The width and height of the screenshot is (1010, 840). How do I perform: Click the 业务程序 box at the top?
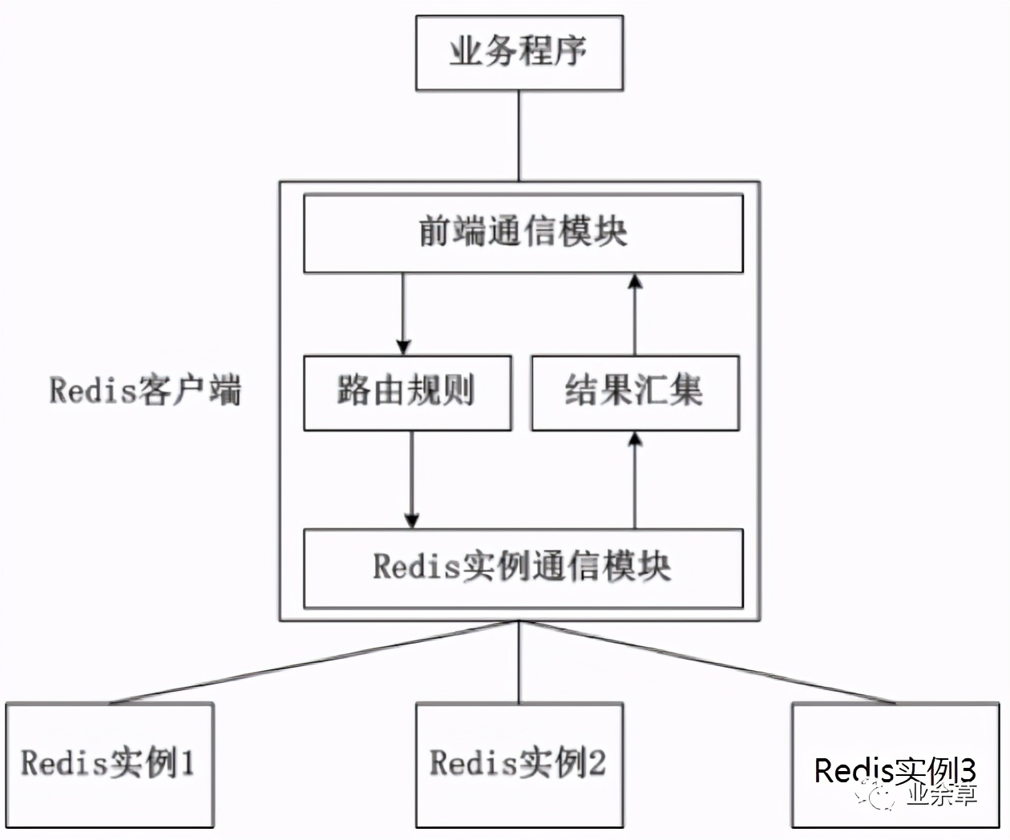pos(519,53)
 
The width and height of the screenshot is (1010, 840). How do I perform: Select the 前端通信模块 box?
pos(523,233)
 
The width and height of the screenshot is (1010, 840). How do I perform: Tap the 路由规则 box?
pos(407,393)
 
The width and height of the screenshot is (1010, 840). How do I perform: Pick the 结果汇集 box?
pos(635,393)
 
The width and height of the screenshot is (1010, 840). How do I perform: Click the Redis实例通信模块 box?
pos(523,567)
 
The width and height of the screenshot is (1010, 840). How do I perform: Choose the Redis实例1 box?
pos(109,764)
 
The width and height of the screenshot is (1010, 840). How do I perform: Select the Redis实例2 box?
pos(519,764)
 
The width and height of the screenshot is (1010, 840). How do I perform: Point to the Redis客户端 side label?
pos(145,391)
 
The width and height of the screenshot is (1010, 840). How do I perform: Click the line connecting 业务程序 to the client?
pos(519,135)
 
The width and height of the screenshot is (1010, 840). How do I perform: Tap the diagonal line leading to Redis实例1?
pos(313,662)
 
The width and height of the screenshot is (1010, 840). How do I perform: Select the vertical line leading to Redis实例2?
pos(519,662)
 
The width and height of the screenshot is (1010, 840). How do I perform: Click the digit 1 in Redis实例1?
pos(187,763)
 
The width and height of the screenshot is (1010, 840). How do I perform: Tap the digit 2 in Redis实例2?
pos(596,763)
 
